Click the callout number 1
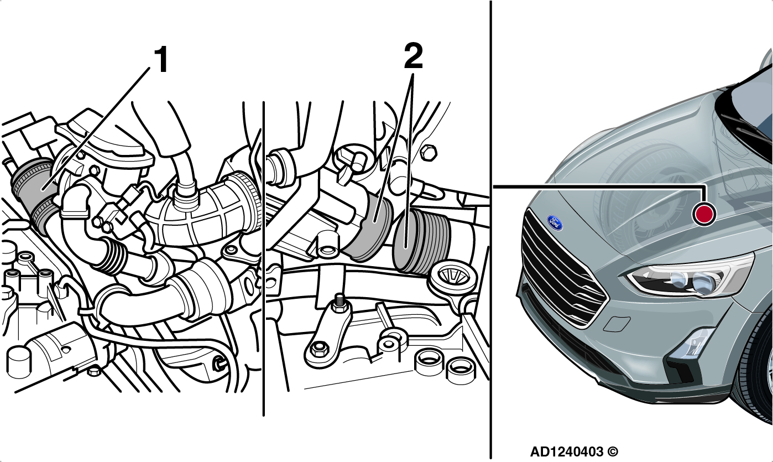point(161,59)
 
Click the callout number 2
point(413,56)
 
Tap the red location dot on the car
point(704,214)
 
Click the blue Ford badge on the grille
point(555,223)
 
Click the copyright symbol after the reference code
point(613,451)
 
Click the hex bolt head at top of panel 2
point(429,153)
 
